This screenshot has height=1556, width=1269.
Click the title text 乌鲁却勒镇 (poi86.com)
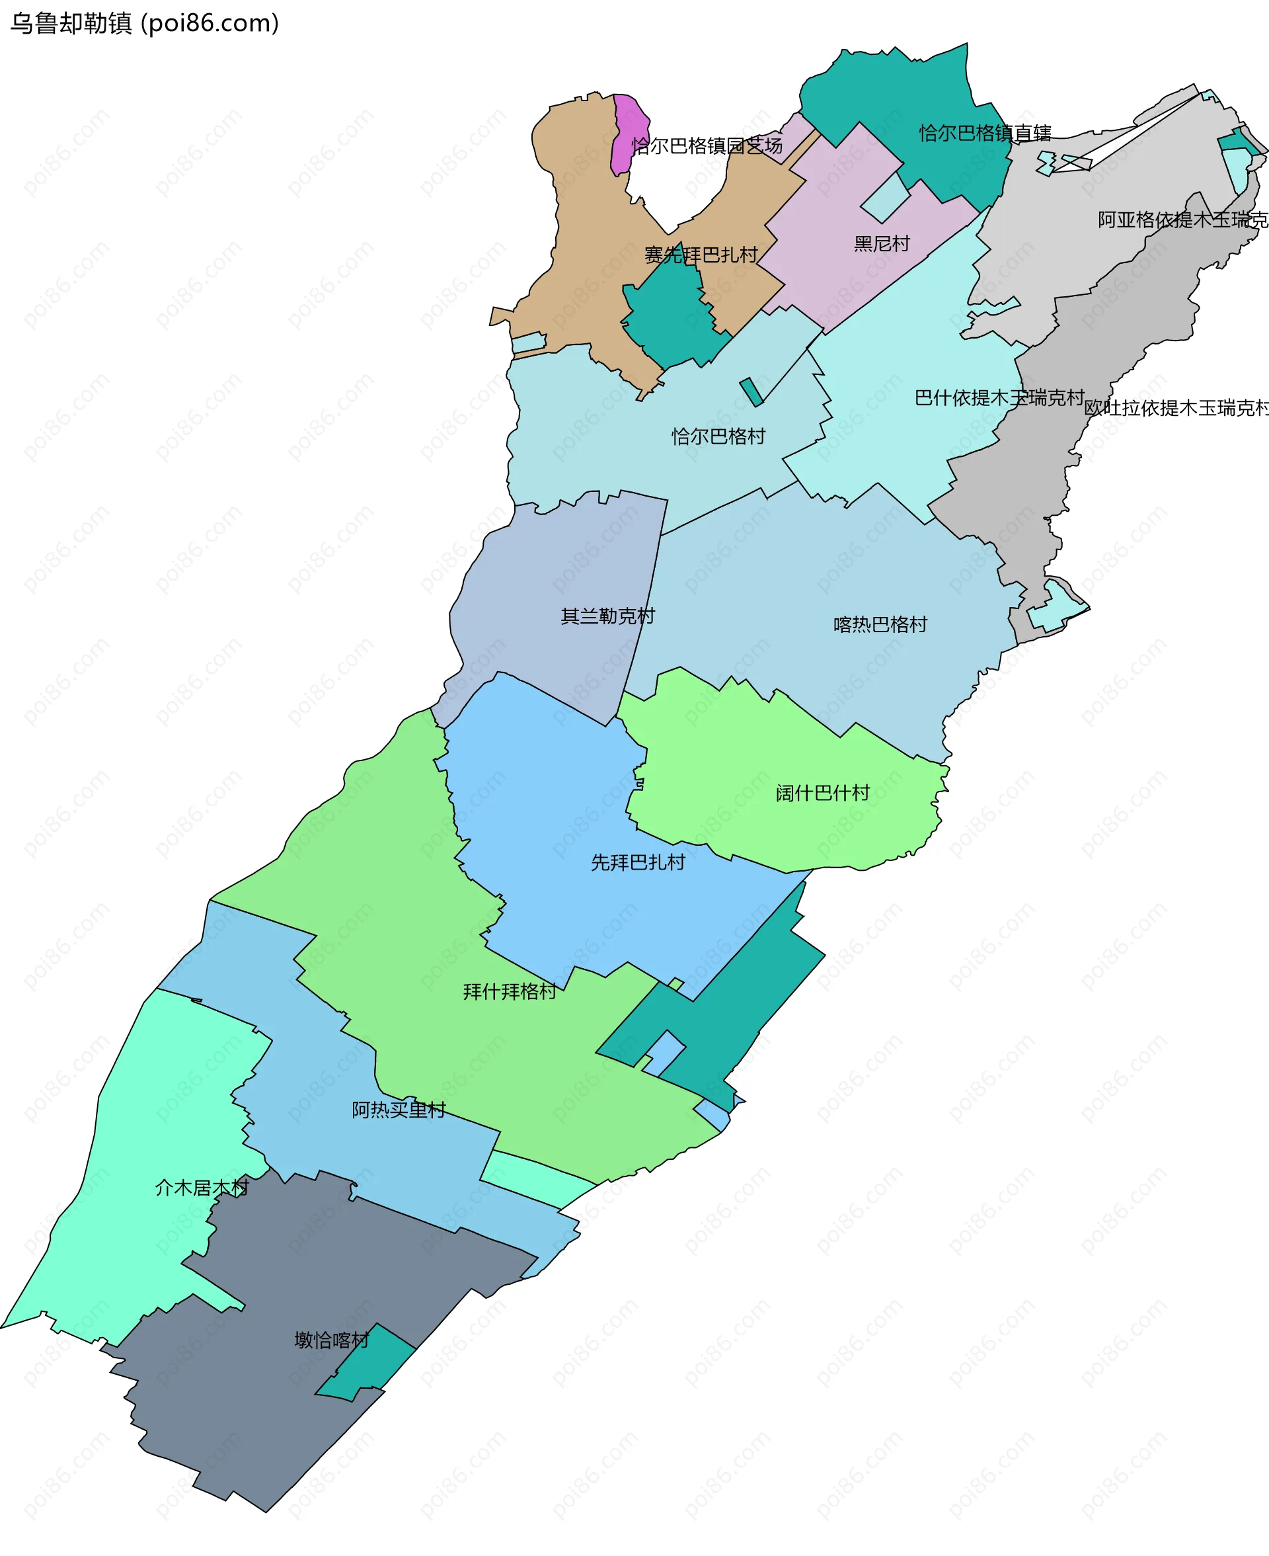[x=144, y=23]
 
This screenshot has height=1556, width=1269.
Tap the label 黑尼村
[x=882, y=243]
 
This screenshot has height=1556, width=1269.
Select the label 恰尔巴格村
[x=718, y=436]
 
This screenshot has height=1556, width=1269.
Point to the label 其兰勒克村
[x=607, y=616]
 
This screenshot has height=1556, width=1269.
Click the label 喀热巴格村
[x=880, y=624]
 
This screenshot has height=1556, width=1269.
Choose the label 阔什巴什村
[x=822, y=793]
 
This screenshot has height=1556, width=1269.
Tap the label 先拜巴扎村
[x=637, y=862]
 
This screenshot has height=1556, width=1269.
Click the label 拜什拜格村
[x=510, y=991]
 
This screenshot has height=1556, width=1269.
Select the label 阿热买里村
[x=399, y=1110]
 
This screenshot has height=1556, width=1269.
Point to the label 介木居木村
[x=202, y=1188]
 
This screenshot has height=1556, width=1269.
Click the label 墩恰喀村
[x=332, y=1340]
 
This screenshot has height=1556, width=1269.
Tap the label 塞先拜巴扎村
[x=701, y=255]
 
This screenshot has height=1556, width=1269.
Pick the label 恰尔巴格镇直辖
[x=985, y=133]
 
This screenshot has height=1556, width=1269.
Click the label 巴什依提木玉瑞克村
[x=999, y=398]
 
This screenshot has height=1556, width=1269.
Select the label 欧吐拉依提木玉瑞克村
[x=1175, y=408]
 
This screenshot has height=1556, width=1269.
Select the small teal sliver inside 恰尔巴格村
[x=751, y=391]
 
